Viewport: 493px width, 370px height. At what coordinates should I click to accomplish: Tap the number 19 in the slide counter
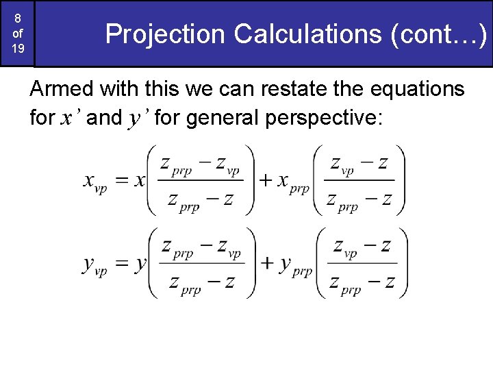18,49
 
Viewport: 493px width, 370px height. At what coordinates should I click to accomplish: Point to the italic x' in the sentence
69,119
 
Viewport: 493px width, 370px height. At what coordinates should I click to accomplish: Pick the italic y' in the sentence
137,119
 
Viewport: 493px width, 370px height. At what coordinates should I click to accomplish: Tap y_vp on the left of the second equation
95,266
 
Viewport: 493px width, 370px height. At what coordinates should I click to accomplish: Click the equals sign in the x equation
121,181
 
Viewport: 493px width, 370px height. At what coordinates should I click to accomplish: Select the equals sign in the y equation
121,264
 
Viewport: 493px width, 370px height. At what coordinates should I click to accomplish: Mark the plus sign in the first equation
266,181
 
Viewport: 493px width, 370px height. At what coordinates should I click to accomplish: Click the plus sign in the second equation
268,264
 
